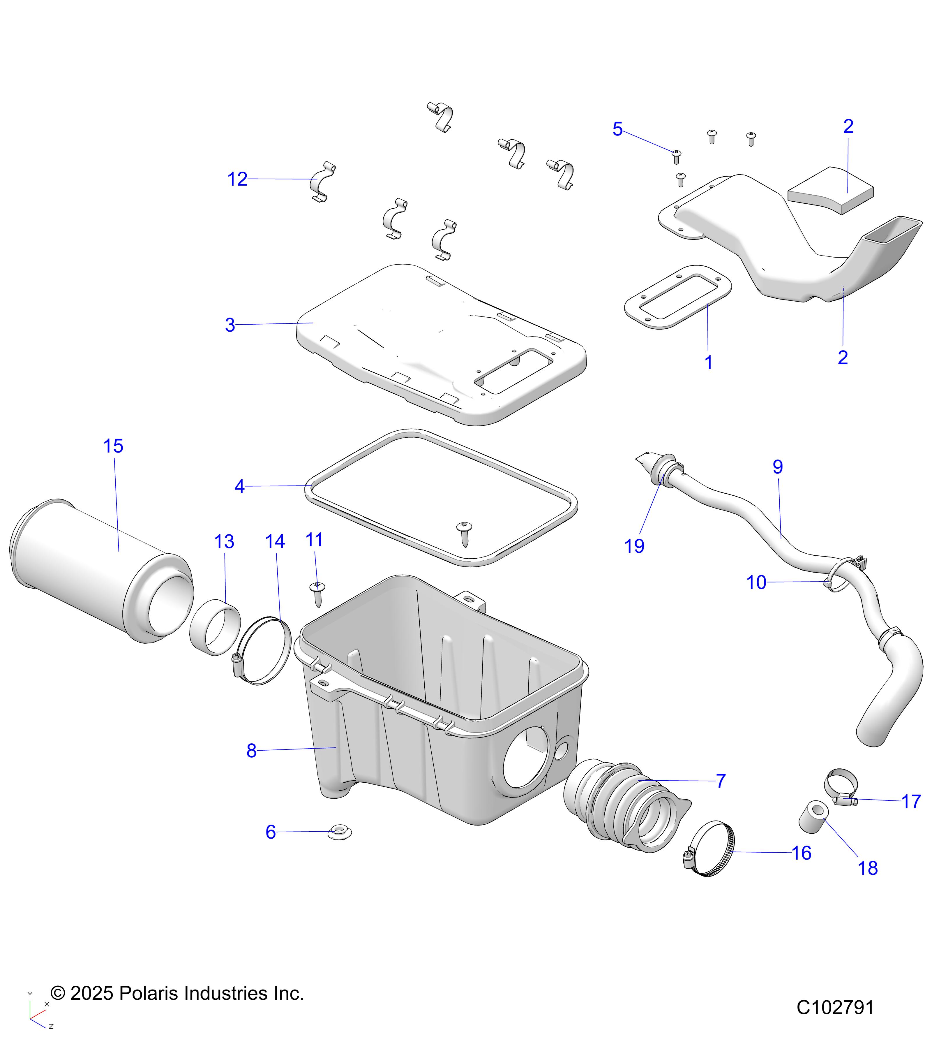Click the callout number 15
[113, 446]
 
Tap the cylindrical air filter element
[98, 570]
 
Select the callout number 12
[237, 179]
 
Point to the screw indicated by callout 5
[676, 156]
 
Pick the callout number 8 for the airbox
[251, 750]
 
